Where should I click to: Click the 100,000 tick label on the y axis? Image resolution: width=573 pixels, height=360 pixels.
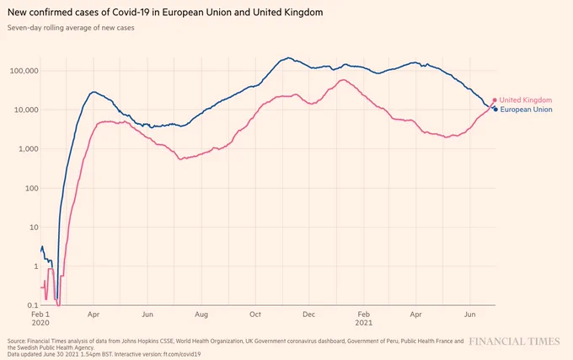24,71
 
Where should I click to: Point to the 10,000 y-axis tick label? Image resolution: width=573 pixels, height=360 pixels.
26,110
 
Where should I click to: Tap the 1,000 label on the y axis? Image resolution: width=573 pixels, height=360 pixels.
28,148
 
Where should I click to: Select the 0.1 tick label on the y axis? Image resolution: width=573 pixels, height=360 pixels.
32,305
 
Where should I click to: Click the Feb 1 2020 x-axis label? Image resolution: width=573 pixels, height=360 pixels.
40,319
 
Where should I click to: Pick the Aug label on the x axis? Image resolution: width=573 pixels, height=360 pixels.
201,314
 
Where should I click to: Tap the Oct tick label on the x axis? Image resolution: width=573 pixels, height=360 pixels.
255,314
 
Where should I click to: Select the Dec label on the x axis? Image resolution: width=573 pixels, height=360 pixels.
308,314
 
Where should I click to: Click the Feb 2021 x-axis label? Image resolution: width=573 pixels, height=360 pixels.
364,319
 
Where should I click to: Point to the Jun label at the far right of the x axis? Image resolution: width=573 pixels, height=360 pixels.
470,314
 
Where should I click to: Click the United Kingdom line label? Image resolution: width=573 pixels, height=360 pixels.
526,100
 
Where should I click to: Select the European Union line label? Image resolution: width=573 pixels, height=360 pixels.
526,110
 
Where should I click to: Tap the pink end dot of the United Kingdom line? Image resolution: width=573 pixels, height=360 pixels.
495,100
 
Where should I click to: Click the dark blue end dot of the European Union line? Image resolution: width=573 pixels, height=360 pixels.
495,110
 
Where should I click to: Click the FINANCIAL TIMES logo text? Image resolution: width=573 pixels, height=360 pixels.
514,341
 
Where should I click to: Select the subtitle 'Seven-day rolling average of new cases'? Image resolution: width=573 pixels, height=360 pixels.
71,28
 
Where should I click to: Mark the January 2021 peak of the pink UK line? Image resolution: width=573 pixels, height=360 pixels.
343,80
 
